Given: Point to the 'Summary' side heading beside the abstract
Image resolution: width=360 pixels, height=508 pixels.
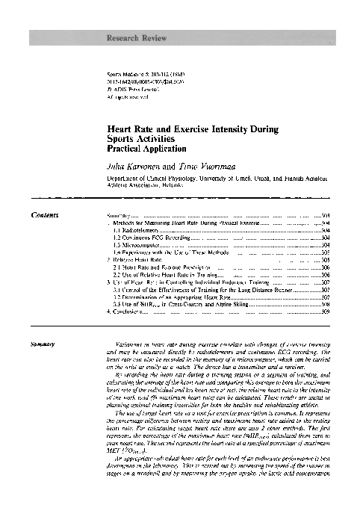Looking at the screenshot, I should [41, 365].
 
